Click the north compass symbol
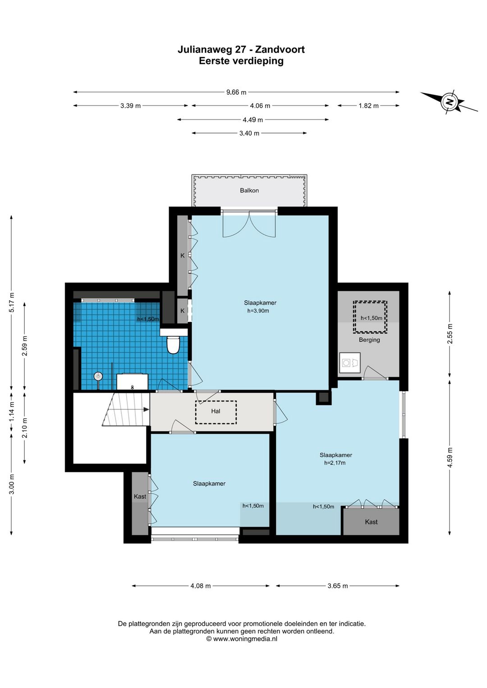pos(449,101)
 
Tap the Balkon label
pos(249,190)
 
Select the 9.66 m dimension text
pos(236,92)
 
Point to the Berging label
pos(369,339)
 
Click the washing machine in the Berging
pos(349,363)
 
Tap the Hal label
pos(216,411)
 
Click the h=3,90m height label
pos(258,311)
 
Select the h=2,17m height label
pos(335,463)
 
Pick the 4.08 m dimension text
pos(200,586)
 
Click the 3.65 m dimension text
pos(338,586)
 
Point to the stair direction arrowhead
pos(146,410)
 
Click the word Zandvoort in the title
pos(280,50)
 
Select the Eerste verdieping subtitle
pos(241,61)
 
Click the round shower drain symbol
pos(98,376)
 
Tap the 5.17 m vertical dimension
pos(12,302)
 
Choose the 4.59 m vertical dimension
pos(450,457)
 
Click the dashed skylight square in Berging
pos(370,317)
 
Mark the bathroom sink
pos(132,381)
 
